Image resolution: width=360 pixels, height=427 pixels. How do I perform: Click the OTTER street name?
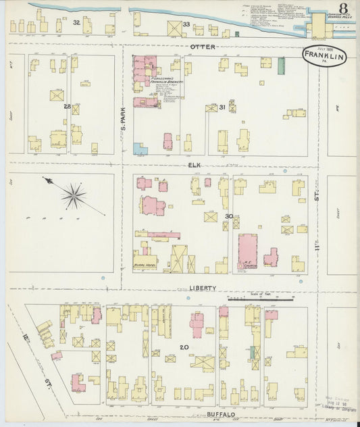pos(202,47)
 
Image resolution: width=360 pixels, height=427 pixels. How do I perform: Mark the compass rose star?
pos(73,196)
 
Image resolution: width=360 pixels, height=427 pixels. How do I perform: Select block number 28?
pos(67,107)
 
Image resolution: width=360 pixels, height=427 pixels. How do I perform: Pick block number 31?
pos(222,107)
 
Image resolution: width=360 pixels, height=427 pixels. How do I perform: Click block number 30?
pos(229,216)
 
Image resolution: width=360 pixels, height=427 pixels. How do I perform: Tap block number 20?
pos(183,347)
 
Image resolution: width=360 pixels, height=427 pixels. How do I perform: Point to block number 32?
pos(77,22)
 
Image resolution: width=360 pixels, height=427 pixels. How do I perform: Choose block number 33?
pos(186,24)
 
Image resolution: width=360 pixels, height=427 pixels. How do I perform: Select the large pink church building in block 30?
pos(247,249)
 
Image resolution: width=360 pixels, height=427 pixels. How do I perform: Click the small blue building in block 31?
pos(140,148)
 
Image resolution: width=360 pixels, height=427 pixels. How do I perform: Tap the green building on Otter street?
pos(281,66)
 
